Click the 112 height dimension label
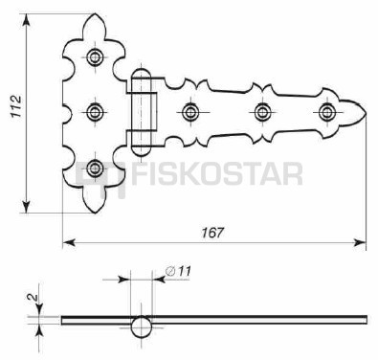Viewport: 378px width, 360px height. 16,106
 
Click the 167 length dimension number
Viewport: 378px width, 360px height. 212,233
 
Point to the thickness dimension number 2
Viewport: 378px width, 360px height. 33,297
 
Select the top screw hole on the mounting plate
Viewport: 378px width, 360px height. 95,57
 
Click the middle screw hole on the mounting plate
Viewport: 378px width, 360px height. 95,112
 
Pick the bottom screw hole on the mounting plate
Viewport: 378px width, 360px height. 95,168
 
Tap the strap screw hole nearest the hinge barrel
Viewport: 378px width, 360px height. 190,112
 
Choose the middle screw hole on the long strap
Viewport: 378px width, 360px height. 262,112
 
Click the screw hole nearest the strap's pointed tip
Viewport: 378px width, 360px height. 326,112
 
